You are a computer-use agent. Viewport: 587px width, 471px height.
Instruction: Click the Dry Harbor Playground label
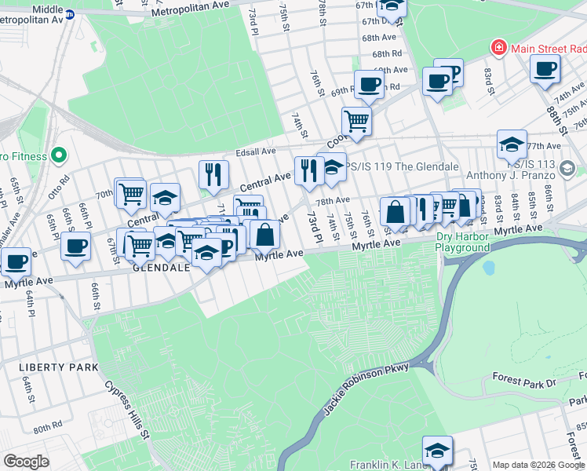(x=463, y=241)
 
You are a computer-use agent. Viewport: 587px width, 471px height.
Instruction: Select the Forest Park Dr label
(x=523, y=382)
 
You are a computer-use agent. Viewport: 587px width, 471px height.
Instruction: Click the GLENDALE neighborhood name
(x=162, y=268)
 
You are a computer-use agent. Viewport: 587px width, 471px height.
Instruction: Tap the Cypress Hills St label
(x=126, y=411)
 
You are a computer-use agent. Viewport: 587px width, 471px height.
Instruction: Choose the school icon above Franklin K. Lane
(x=437, y=450)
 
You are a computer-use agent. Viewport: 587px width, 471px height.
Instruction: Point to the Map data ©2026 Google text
(x=538, y=465)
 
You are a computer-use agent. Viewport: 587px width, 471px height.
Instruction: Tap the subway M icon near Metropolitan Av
(x=69, y=14)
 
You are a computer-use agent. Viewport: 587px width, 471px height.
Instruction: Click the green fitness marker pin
(x=56, y=154)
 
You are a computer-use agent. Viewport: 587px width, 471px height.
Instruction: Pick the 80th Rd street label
(x=47, y=426)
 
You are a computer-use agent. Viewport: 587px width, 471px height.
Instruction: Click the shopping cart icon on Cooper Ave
(x=356, y=122)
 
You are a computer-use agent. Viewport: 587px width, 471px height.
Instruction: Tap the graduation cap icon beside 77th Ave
(x=512, y=144)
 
